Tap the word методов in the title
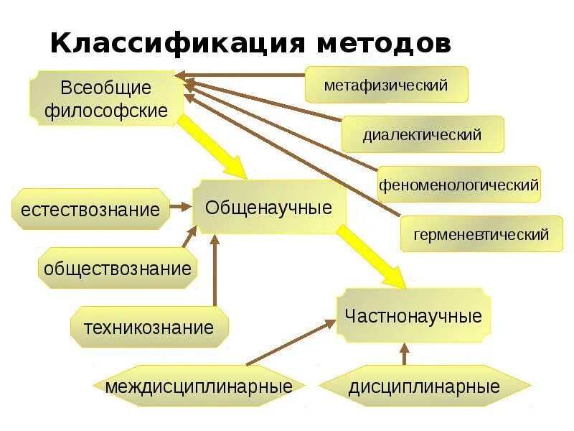click(x=382, y=44)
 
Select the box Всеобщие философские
click(x=105, y=99)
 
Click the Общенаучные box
click(x=269, y=208)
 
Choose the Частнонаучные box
click(x=413, y=316)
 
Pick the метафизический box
click(x=386, y=85)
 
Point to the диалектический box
click(x=422, y=134)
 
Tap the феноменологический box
click(x=459, y=185)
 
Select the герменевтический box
click(x=481, y=234)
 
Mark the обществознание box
click(x=118, y=269)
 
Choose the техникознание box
click(x=149, y=328)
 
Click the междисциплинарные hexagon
click(x=199, y=387)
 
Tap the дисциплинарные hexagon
click(x=424, y=387)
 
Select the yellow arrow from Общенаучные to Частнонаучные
click(x=372, y=257)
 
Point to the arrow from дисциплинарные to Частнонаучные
click(x=404, y=355)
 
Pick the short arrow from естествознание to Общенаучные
click(x=181, y=207)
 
